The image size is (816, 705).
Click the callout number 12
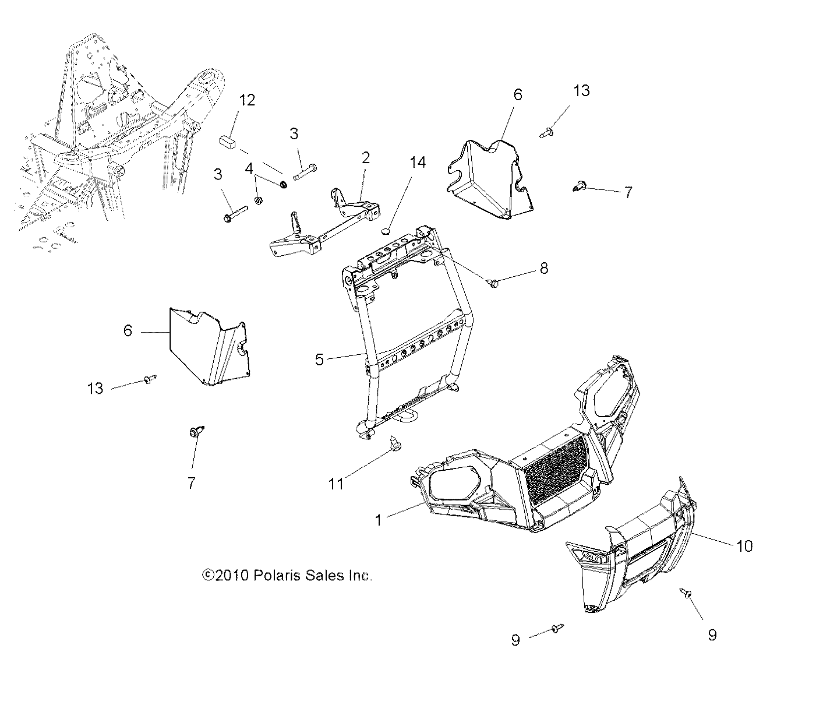tap(247, 100)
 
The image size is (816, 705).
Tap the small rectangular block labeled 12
tap(228, 142)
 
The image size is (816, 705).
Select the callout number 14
tap(417, 163)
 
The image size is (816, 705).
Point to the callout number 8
tap(543, 269)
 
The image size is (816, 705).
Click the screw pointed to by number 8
tap(493, 283)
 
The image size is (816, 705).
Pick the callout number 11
tap(336, 483)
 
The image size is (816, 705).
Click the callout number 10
tap(744, 546)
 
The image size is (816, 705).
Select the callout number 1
tap(379, 519)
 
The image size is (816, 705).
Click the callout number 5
tap(319, 359)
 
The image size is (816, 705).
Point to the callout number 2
tap(366, 157)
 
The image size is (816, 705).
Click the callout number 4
tap(249, 169)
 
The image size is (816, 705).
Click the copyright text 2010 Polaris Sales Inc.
tap(287, 576)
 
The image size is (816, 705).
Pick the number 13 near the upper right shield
tap(581, 90)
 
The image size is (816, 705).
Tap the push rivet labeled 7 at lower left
tap(196, 432)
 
